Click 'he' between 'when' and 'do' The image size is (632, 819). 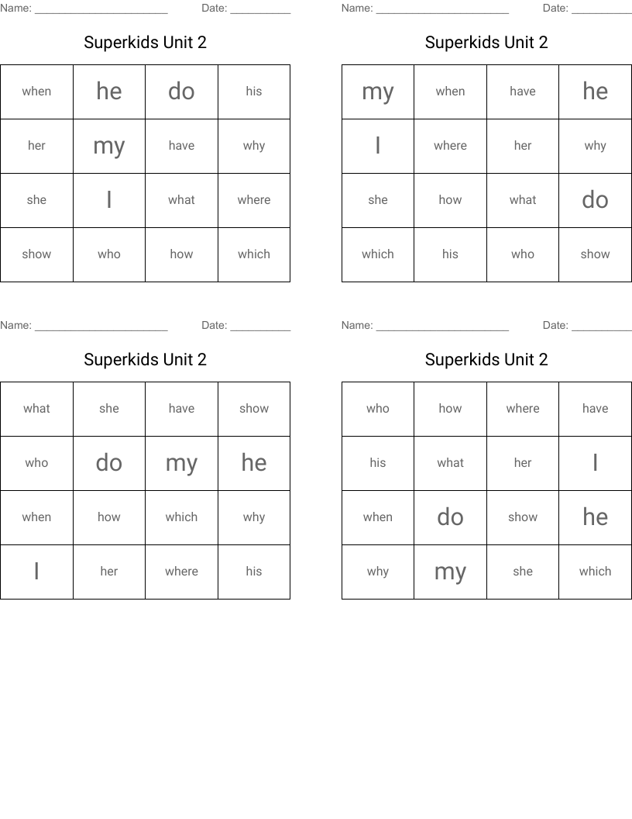[109, 92]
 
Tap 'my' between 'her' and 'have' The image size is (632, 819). [109, 146]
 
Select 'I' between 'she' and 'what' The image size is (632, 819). [109, 200]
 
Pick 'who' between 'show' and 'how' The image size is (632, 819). [109, 254]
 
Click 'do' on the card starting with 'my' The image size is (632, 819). [595, 200]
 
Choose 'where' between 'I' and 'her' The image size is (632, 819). [450, 146]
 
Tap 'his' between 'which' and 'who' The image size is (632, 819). [450, 254]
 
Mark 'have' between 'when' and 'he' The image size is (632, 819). [523, 92]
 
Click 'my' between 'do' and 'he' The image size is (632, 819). [181, 463]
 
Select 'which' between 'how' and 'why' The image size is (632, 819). [181, 517]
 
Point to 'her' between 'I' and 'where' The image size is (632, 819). [109, 572]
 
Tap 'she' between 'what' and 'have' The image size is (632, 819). [109, 409]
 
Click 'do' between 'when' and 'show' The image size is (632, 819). [450, 517]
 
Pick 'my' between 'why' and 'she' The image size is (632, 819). [450, 572]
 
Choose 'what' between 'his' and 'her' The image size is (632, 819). [450, 463]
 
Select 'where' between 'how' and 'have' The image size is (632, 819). [523, 409]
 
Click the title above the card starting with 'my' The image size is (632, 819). [486, 43]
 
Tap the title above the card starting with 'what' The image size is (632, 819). [146, 360]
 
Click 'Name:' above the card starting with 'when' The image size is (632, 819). [15, 9]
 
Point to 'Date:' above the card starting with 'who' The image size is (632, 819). [555, 326]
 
